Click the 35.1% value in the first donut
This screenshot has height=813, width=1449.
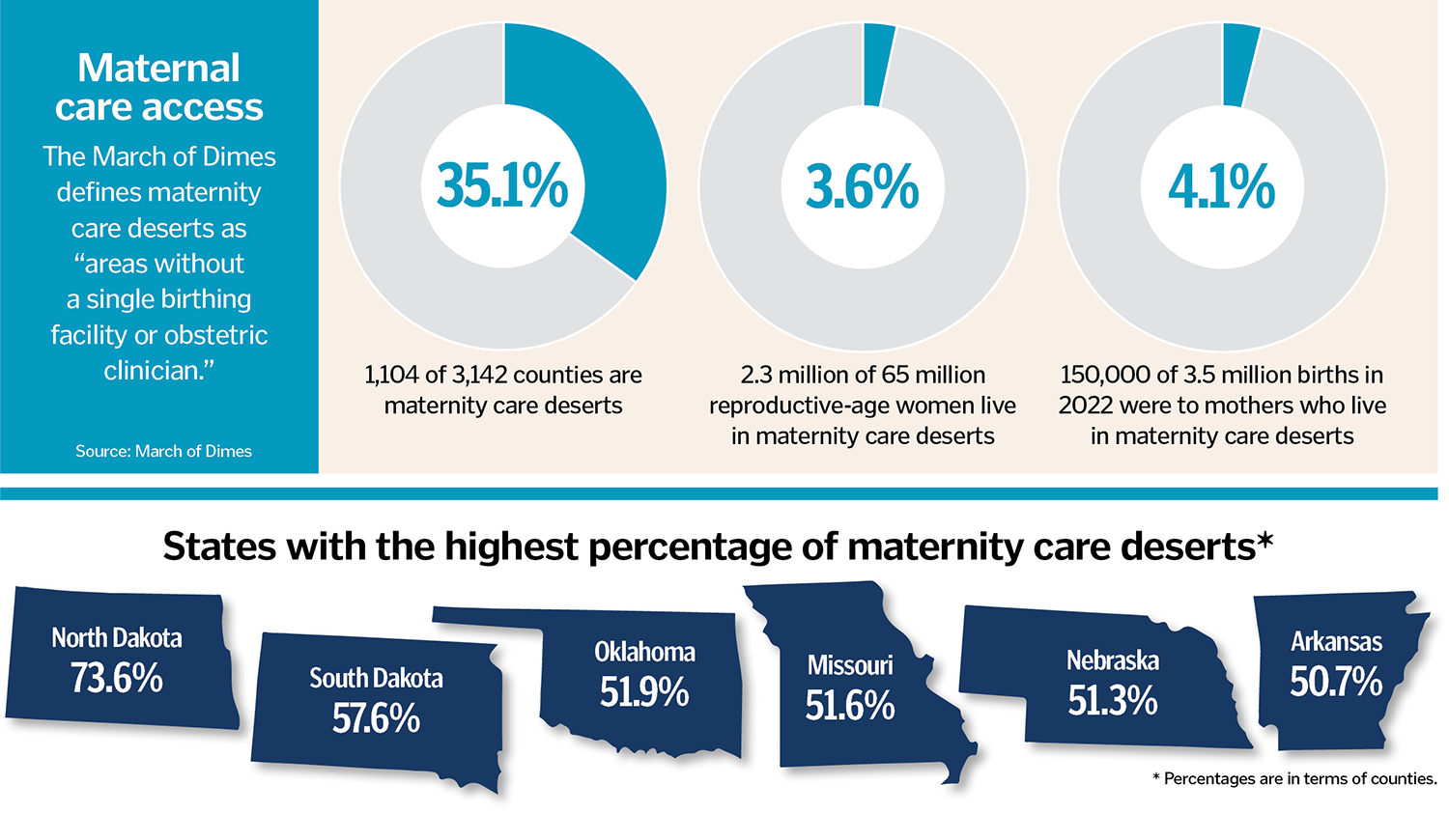(502, 185)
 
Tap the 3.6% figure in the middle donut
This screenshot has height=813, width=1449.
(862, 185)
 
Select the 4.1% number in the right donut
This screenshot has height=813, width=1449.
(1221, 185)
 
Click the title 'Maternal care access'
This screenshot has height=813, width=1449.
(159, 87)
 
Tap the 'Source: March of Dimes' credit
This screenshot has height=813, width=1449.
(163, 451)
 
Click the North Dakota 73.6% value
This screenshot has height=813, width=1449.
(116, 679)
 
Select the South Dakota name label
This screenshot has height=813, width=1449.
(376, 679)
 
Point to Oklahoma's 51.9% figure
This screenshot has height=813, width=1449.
(644, 692)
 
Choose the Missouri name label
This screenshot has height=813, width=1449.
(850, 665)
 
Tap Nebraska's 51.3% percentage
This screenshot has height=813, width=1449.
(1113, 701)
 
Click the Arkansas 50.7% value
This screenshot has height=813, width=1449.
(1336, 683)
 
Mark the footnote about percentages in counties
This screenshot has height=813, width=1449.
(1294, 778)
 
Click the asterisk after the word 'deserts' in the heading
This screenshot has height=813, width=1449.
(1265, 541)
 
